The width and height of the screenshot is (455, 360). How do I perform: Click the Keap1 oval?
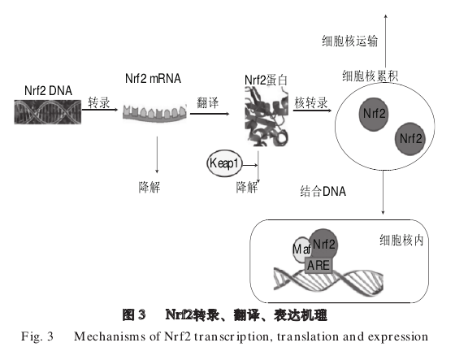coord(224,163)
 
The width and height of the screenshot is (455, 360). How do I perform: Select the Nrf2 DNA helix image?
coord(48,112)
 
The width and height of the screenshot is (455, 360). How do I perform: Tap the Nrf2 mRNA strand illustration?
coord(154,113)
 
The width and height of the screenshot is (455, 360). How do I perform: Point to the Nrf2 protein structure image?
coord(266,117)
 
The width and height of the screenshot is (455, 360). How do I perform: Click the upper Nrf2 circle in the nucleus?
coord(374,114)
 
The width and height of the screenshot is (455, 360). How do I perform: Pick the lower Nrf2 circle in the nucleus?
coord(409,138)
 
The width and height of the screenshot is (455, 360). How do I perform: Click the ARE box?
coord(318,266)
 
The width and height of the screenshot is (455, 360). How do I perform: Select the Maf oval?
coord(301,249)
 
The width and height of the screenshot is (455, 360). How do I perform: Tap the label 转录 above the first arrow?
coord(99,102)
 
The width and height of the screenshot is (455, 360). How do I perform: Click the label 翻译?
coord(207,102)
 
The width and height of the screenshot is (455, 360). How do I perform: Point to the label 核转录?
coord(310,102)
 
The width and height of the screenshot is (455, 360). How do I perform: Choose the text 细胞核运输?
coord(349,41)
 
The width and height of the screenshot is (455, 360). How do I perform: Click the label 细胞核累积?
coord(370,76)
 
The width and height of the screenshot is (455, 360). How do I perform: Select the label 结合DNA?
coord(323,191)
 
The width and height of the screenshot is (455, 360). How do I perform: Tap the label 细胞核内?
coord(401,240)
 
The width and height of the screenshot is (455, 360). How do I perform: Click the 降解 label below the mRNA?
coord(149,187)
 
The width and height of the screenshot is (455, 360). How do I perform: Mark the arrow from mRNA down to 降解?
coord(157,154)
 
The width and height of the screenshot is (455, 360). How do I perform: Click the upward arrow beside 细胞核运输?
coord(386,41)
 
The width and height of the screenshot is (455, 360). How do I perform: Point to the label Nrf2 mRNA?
coord(153,78)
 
